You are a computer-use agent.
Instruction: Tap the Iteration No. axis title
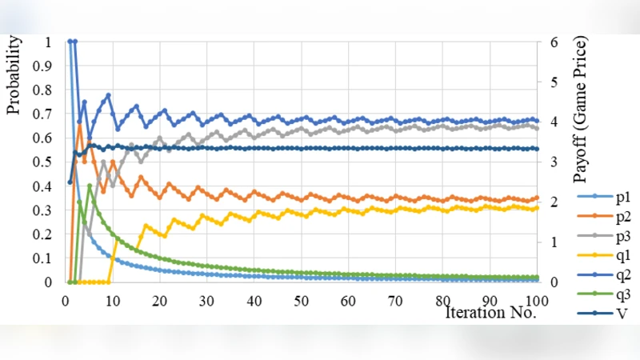click(490, 313)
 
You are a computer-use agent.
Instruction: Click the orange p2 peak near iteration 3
click(79, 126)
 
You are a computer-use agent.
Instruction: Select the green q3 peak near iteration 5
click(89, 186)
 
